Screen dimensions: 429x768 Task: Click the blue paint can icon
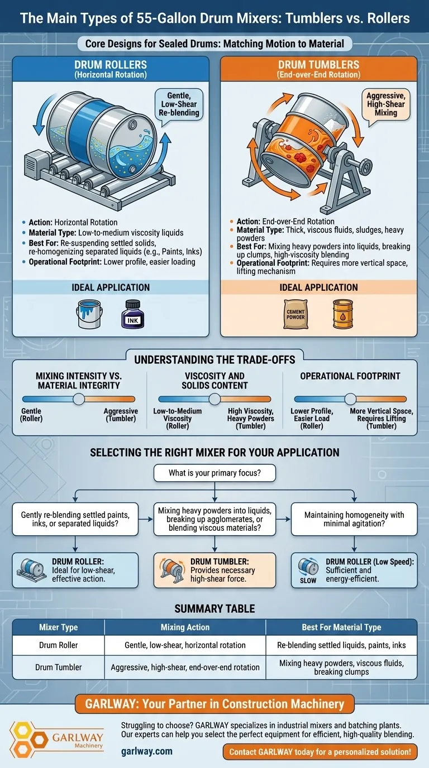89,314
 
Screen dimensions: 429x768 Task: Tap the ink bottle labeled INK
133,314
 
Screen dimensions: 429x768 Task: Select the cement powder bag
295,314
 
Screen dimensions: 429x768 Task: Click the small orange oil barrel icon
343,314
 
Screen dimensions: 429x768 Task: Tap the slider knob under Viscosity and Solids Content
215,399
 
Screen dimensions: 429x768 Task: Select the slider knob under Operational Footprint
350,399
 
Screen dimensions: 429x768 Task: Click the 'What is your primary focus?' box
214,473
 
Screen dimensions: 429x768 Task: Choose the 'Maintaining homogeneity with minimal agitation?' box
354,519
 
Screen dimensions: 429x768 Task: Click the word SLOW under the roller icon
308,580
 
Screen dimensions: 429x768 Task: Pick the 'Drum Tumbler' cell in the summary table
58,667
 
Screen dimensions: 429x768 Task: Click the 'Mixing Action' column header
185,627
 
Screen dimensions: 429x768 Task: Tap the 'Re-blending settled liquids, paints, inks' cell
341,645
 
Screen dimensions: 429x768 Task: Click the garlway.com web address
147,751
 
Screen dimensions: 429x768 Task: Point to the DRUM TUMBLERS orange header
318,69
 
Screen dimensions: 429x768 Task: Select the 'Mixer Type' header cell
58,627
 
